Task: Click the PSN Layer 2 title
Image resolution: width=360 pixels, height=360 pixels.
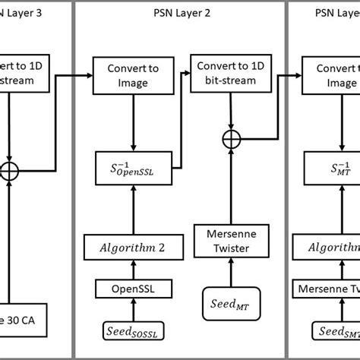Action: click(179, 14)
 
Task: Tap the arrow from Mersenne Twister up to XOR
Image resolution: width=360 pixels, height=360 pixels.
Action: click(226, 178)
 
